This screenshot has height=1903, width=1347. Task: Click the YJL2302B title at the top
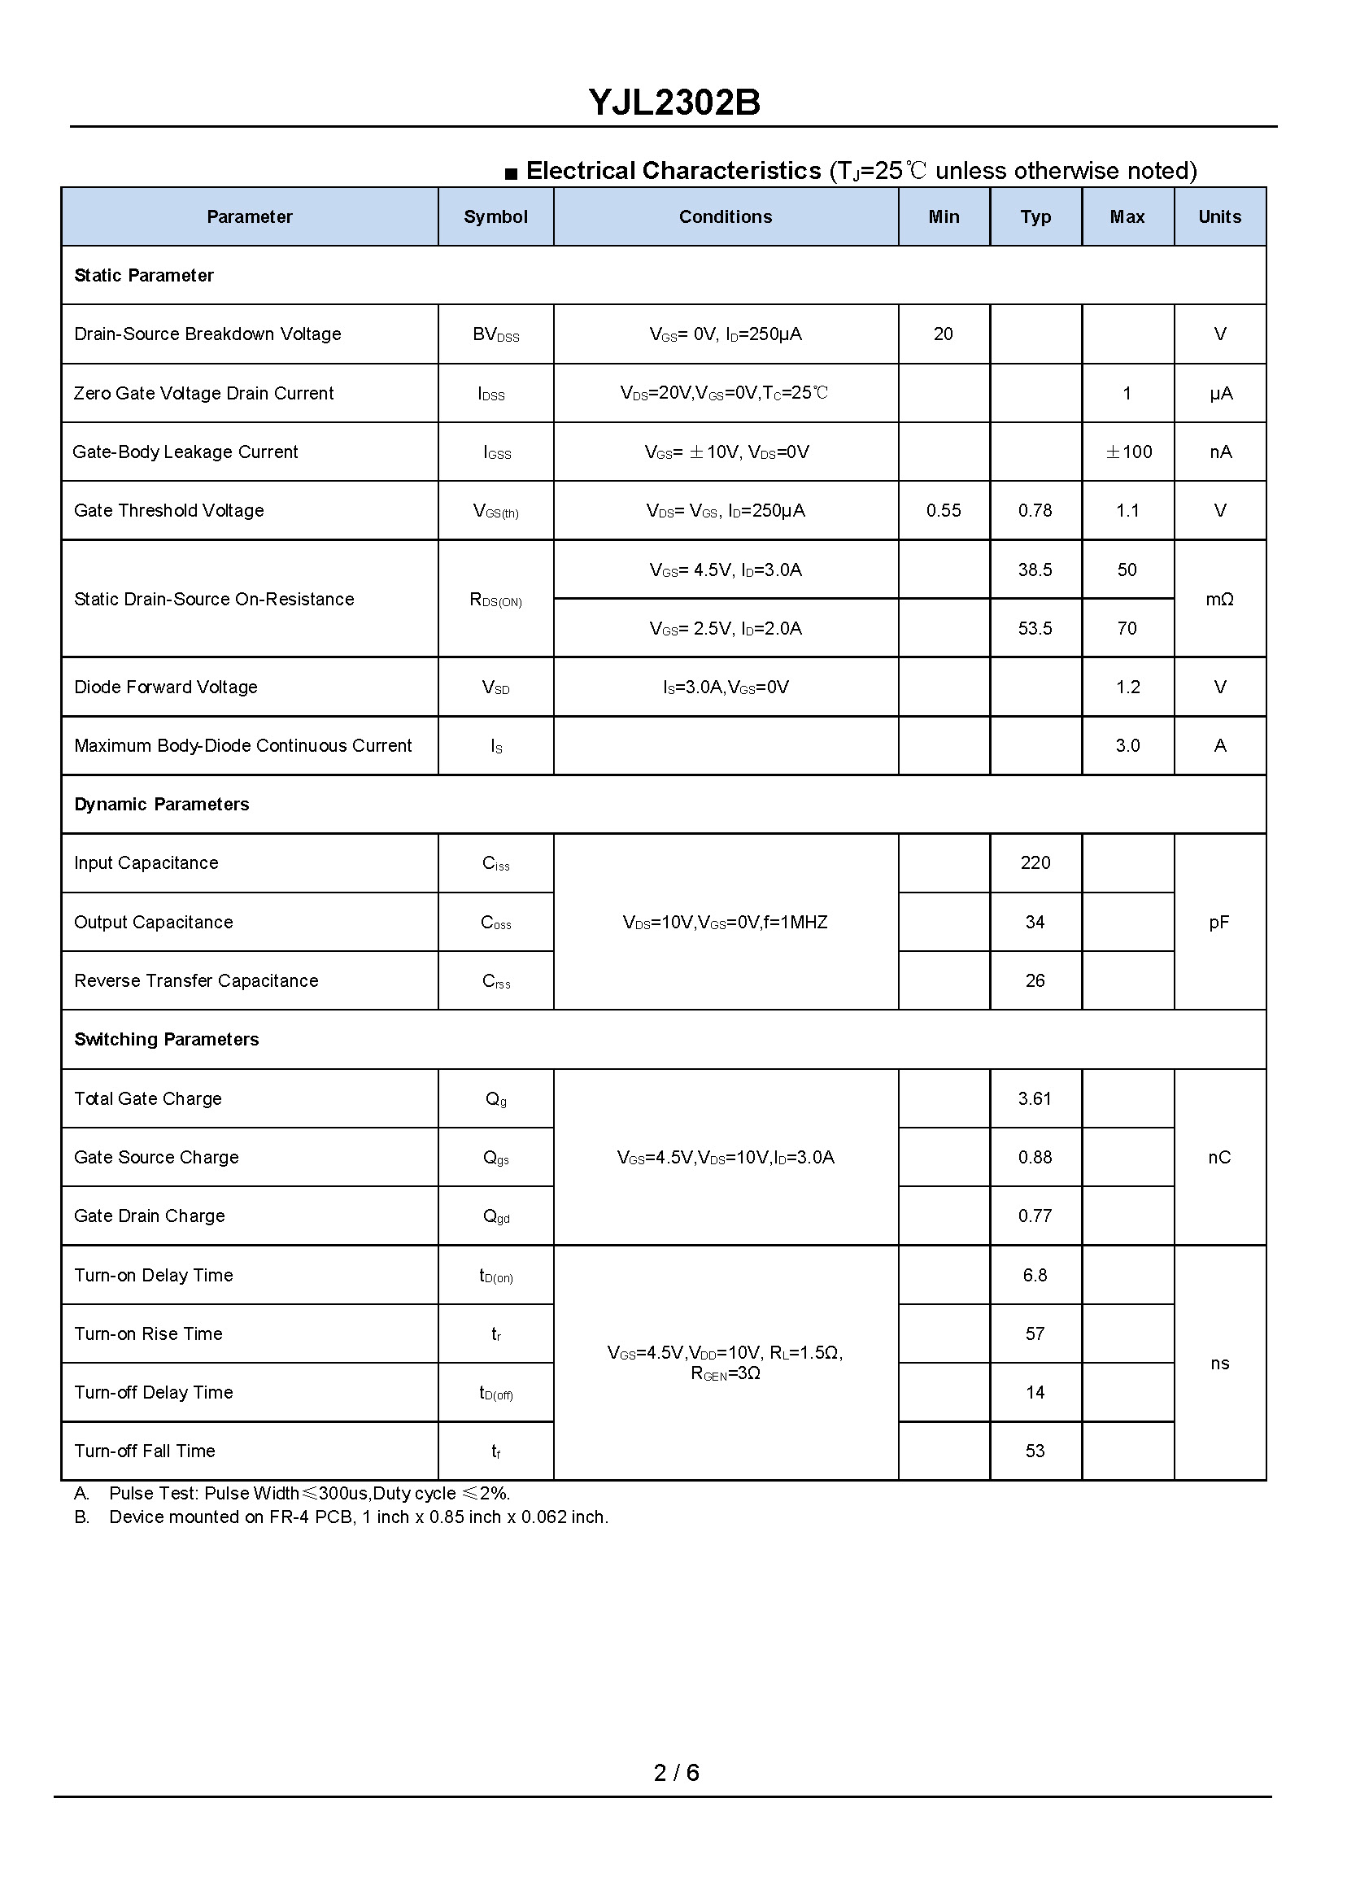point(673,102)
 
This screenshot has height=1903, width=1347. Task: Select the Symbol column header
point(495,216)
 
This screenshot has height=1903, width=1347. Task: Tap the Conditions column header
point(725,216)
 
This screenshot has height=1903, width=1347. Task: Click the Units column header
point(1219,216)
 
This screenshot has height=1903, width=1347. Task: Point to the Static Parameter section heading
point(143,276)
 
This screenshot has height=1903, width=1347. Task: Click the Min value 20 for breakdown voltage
point(943,334)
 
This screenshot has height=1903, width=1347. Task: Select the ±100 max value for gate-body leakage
point(1128,452)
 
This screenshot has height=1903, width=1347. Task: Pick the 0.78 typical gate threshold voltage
point(1035,510)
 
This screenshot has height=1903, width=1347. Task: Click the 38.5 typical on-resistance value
point(1035,570)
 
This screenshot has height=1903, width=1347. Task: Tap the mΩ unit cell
point(1219,599)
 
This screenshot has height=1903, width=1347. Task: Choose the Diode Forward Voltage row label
point(166,687)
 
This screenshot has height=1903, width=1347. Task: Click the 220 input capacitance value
point(1035,862)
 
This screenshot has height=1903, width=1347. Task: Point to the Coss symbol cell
point(496,923)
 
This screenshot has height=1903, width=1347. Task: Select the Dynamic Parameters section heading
point(162,804)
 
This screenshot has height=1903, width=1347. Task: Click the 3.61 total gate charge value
point(1035,1098)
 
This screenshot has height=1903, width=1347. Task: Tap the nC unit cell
point(1219,1157)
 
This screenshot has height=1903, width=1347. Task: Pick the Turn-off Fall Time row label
point(145,1451)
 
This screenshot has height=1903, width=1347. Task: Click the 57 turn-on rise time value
point(1035,1334)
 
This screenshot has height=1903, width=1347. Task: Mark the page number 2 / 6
point(676,1773)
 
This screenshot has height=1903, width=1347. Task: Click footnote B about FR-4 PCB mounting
point(359,1517)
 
